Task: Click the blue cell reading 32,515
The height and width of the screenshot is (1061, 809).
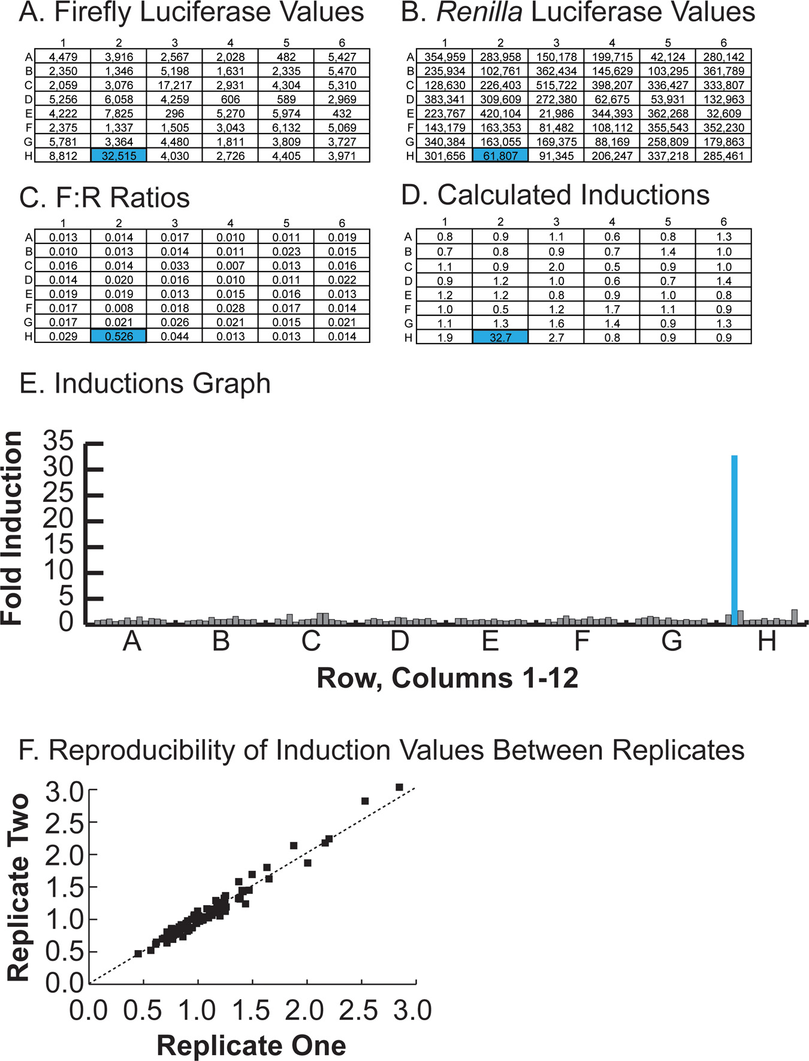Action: coord(119,156)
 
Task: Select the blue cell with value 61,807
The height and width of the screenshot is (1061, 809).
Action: coord(500,156)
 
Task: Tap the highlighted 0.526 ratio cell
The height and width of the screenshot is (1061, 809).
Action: coord(119,336)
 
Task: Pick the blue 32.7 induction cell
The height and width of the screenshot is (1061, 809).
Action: coord(500,337)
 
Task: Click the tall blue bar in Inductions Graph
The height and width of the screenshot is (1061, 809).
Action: coord(734,539)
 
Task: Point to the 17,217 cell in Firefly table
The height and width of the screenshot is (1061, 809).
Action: coord(174,85)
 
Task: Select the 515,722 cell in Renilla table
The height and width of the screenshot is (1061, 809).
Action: coord(556,85)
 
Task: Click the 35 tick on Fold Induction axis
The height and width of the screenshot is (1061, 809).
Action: coord(58,442)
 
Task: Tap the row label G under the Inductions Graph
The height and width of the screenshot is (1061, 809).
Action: coord(672,641)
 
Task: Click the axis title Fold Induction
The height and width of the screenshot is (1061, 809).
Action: coord(12,528)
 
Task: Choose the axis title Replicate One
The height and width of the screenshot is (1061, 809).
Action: coord(251,1045)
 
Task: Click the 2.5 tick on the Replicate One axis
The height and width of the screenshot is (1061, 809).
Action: coord(358,1010)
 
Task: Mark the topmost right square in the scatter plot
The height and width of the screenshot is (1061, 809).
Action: coord(399,787)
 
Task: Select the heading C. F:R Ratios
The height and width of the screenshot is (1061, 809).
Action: coord(104,198)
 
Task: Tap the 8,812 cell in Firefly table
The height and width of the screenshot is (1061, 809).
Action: coord(63,156)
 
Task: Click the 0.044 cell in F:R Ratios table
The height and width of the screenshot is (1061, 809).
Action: coord(174,336)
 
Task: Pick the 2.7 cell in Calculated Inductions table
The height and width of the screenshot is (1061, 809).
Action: coord(556,337)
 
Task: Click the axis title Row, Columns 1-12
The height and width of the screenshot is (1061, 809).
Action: coord(447,678)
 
